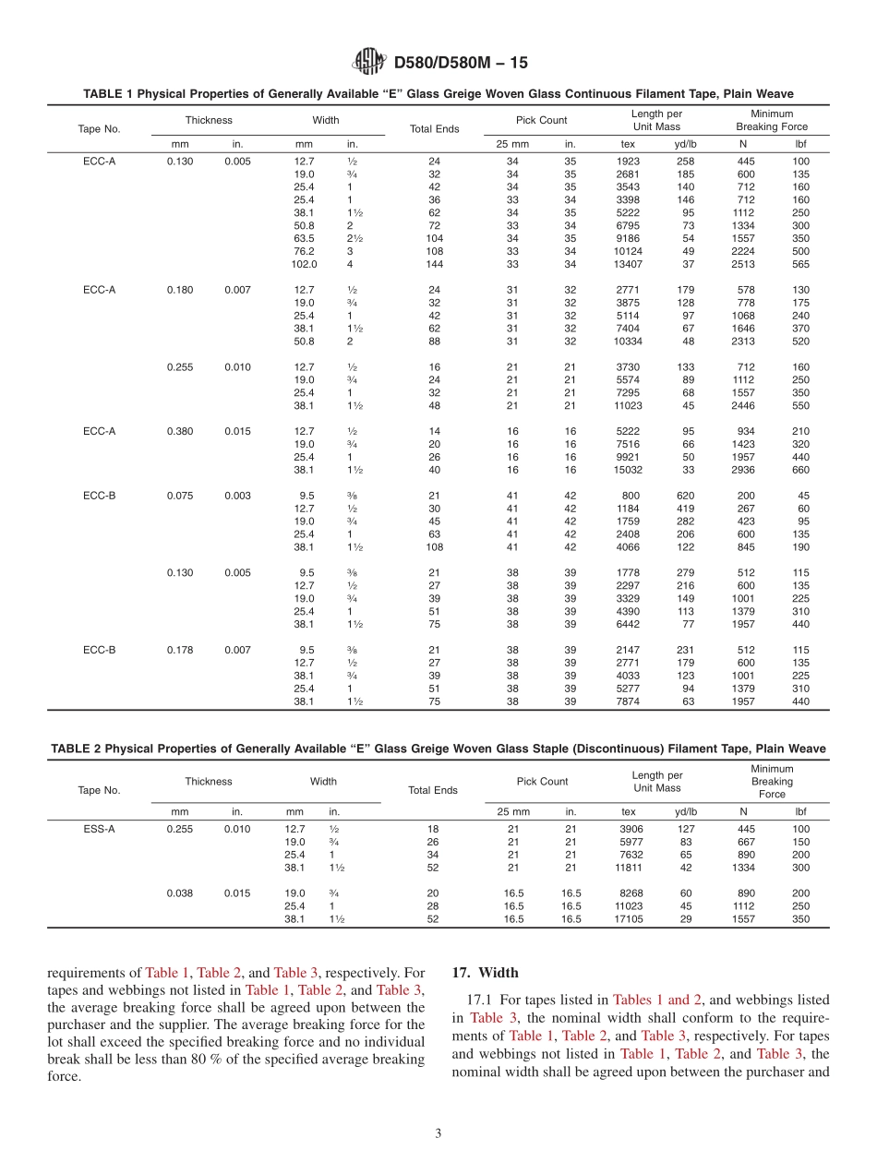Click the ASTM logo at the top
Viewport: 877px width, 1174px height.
(x=368, y=62)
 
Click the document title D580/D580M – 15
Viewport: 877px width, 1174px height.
(x=461, y=63)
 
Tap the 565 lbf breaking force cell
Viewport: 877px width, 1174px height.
(x=800, y=264)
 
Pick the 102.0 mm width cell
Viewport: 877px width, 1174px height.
(x=304, y=264)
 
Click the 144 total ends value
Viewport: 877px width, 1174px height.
(x=434, y=264)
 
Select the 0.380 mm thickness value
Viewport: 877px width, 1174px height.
(x=180, y=431)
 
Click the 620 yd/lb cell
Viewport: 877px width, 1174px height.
(x=685, y=496)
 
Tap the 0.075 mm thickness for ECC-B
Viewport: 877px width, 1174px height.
(x=180, y=496)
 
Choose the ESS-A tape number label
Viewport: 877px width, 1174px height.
(x=99, y=829)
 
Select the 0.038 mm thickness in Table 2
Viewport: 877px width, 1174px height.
(x=180, y=893)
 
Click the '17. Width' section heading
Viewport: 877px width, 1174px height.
(x=485, y=973)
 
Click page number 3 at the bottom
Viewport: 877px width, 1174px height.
(x=438, y=1133)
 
